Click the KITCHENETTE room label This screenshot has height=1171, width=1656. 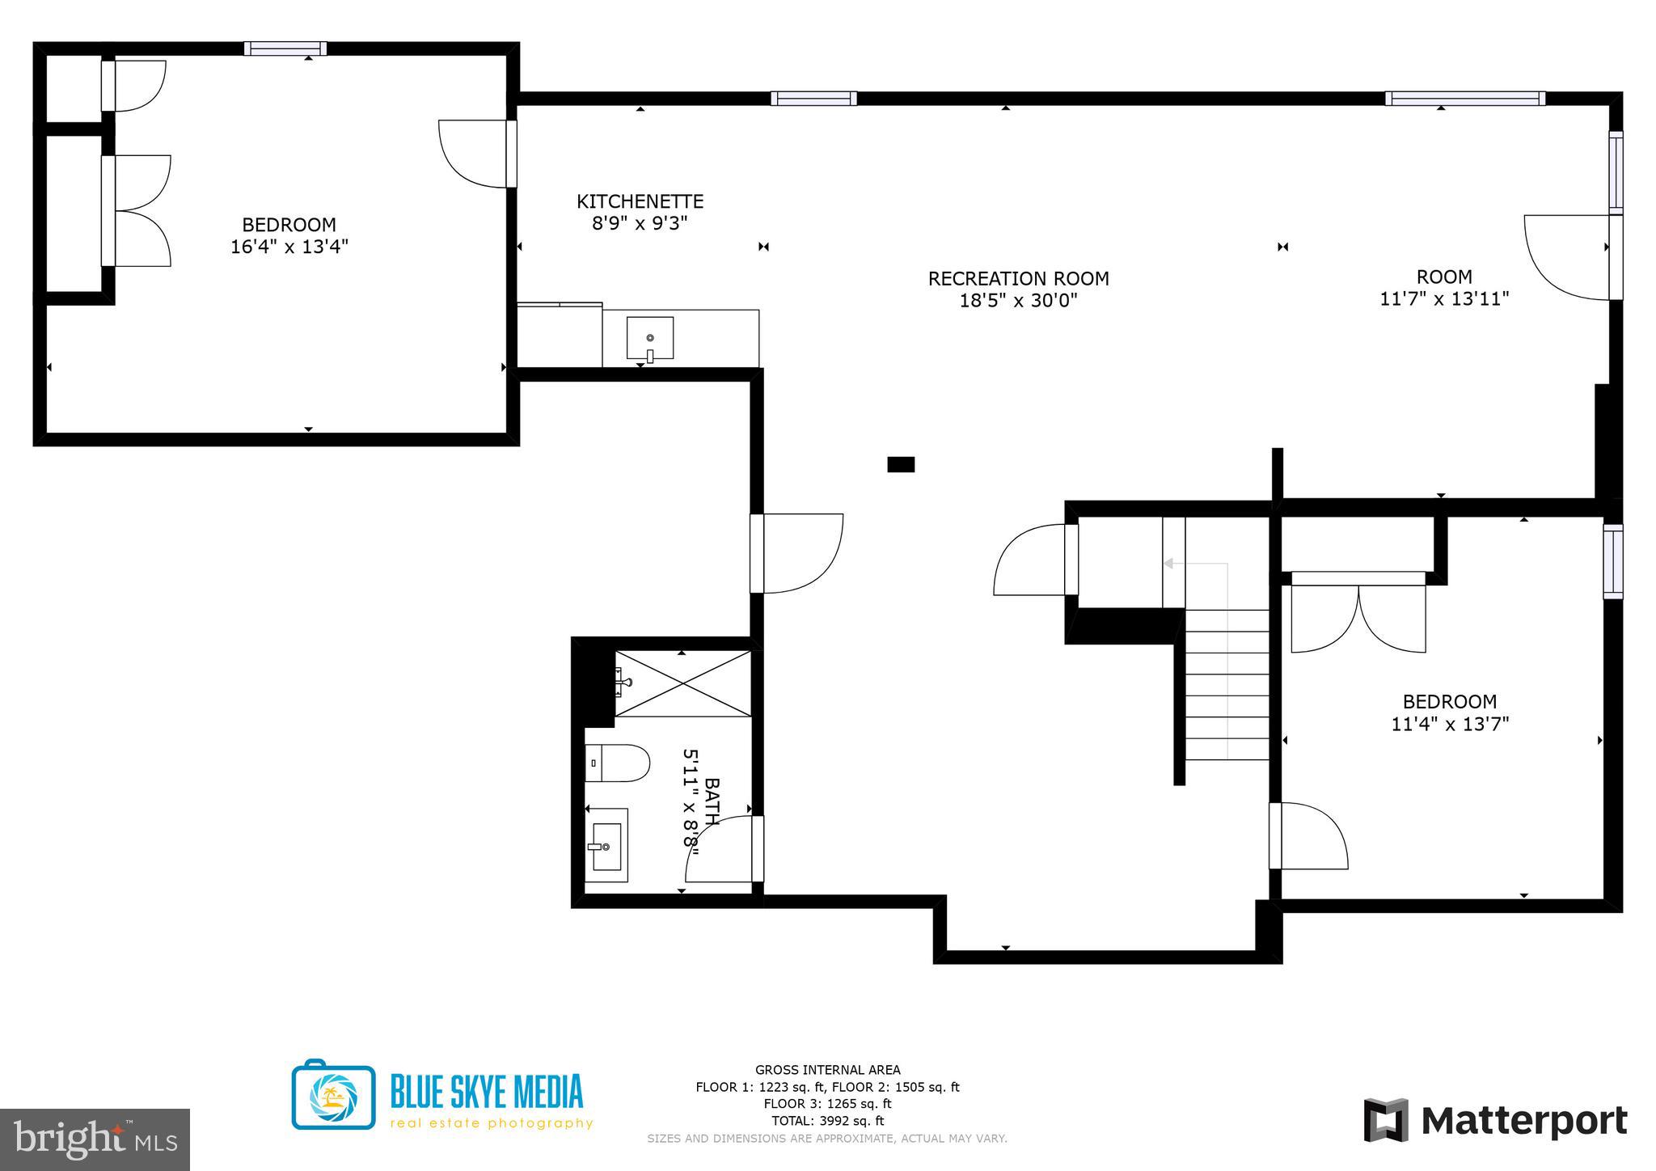pos(640,201)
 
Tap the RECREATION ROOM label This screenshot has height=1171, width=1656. pos(1018,279)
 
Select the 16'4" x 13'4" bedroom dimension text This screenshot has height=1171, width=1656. pos(289,247)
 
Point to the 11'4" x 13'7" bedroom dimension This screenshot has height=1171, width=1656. pos(1450,724)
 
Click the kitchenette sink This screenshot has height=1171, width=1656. pos(649,338)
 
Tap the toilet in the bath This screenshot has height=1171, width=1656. pos(617,763)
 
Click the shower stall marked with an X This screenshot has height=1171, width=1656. pos(683,683)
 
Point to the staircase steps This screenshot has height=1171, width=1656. pos(1227,684)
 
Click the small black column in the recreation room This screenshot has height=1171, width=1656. pos(901,464)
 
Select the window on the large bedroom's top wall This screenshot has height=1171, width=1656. pos(285,49)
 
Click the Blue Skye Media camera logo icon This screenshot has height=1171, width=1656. pos(333,1095)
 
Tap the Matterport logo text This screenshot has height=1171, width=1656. pos(1523,1121)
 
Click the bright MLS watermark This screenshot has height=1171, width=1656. pos(95,1140)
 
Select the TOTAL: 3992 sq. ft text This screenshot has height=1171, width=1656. pos(827,1121)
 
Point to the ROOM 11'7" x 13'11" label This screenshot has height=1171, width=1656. pos(1444,288)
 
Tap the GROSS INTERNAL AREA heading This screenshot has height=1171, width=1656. pos(827,1070)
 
